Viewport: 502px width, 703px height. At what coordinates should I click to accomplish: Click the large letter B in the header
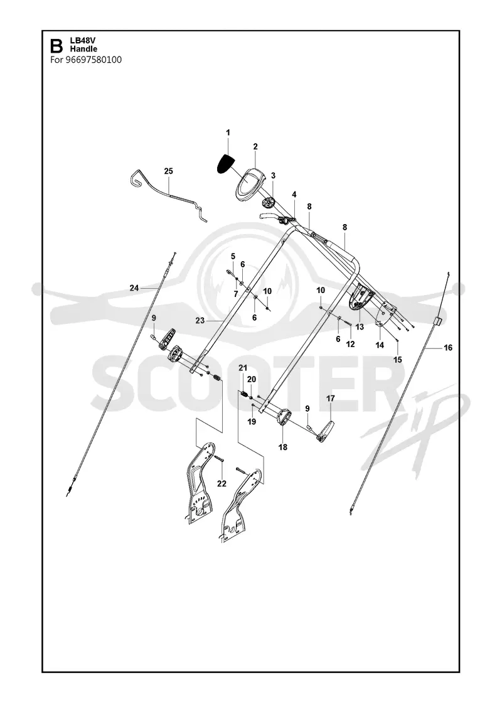tap(56, 45)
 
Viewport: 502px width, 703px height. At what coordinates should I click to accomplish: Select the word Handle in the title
tap(83, 49)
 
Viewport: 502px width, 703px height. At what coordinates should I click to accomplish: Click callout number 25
tap(169, 171)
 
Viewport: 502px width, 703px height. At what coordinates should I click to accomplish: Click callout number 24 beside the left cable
tap(134, 288)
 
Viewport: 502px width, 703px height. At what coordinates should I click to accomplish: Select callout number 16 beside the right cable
tap(448, 348)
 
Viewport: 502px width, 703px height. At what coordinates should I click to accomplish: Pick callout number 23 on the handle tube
tap(200, 320)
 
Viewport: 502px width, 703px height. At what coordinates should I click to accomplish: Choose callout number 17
tap(330, 398)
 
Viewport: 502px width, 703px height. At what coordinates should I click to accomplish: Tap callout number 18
tap(283, 447)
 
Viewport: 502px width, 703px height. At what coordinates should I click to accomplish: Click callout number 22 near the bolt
tap(222, 483)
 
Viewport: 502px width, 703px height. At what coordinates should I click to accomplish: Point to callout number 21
tap(243, 368)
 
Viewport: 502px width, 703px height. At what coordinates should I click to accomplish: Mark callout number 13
tap(360, 327)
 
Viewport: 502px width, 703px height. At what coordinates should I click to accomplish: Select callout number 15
tap(398, 360)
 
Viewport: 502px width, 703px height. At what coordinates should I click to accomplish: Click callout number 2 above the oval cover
tap(255, 146)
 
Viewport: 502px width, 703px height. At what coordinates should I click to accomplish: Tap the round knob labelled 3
tap(268, 203)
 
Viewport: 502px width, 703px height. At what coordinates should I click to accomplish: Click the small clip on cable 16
tap(438, 320)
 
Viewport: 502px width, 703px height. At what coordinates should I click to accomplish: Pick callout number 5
tap(233, 256)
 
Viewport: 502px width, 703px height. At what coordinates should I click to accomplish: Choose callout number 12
tap(351, 345)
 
